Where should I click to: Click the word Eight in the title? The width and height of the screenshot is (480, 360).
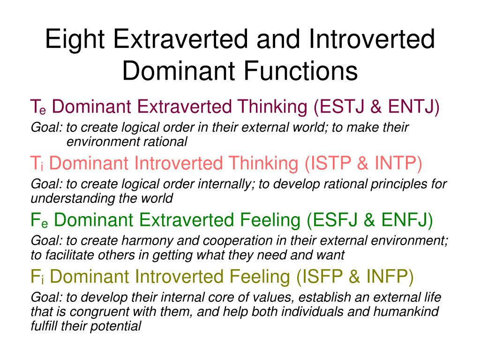coord(75,39)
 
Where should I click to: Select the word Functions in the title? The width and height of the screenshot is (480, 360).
coord(300,71)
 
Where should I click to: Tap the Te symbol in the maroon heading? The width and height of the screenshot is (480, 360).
coord(38,107)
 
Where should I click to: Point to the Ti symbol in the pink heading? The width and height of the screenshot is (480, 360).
coord(37,163)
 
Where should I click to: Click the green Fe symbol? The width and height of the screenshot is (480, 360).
coord(39,220)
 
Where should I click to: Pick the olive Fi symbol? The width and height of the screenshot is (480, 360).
coord(37,277)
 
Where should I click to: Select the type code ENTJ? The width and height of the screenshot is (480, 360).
coord(411,106)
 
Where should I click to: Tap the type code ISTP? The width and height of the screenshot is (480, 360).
coord(330,163)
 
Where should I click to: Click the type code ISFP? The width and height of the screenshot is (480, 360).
coord(322,277)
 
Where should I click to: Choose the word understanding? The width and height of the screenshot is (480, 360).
coord(73,199)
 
